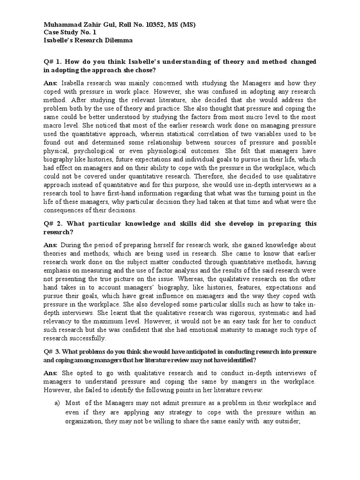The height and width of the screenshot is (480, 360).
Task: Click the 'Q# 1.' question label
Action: click(53, 62)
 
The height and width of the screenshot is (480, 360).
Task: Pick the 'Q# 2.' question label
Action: click(53, 224)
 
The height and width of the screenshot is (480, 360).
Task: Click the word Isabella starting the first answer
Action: click(75, 83)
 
